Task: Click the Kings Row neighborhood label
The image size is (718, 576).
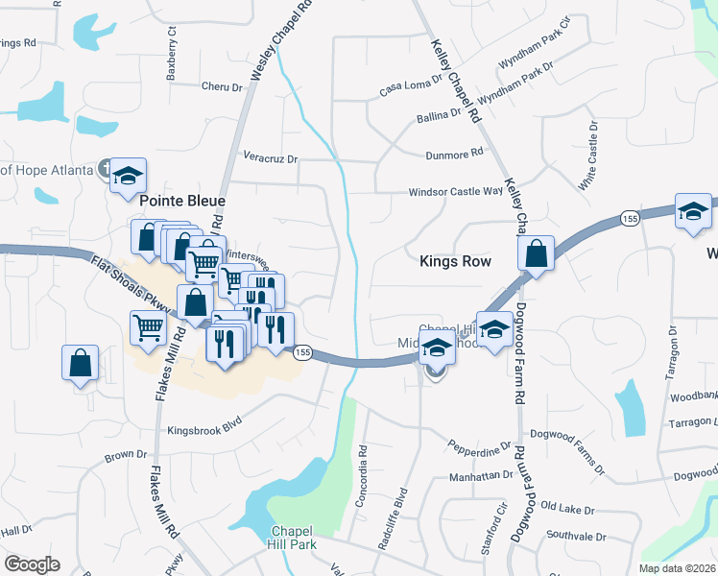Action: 455,261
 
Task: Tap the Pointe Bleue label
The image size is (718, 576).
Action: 182,202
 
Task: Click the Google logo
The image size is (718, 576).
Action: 31,564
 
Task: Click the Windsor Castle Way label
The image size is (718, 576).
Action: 455,192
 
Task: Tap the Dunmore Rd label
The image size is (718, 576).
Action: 453,154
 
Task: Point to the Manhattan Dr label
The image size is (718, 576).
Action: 481,475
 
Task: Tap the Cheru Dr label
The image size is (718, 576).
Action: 223,87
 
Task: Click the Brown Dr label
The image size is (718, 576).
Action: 126,454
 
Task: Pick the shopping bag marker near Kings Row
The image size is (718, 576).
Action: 536,254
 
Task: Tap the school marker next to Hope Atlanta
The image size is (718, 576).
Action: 128,176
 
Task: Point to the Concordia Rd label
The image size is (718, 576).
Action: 363,464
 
